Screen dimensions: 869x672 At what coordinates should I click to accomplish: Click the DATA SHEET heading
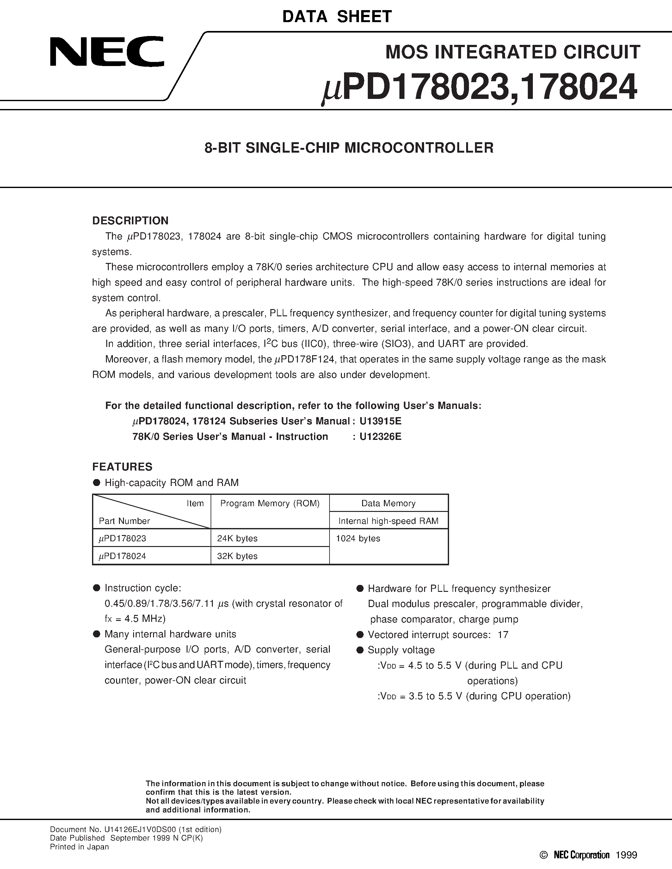pyautogui.click(x=337, y=16)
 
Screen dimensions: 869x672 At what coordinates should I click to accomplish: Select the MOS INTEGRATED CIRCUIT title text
pyautogui.click(x=513, y=52)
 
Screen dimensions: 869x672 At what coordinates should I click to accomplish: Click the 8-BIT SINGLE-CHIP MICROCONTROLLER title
pyautogui.click(x=349, y=148)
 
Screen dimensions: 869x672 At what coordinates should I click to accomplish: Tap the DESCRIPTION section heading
pyautogui.click(x=130, y=221)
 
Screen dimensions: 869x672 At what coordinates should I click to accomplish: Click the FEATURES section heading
pyautogui.click(x=122, y=466)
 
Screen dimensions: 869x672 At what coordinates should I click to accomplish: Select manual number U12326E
pyautogui.click(x=380, y=436)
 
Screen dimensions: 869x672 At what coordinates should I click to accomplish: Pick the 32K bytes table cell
pyautogui.click(x=237, y=556)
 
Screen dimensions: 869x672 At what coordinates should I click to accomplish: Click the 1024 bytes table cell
pyautogui.click(x=358, y=538)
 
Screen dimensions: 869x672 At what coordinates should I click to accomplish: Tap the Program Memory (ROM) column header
pyautogui.click(x=270, y=503)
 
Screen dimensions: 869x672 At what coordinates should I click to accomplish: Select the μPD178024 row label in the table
pyautogui.click(x=123, y=556)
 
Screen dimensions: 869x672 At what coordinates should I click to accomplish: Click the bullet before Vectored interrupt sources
pyautogui.click(x=360, y=635)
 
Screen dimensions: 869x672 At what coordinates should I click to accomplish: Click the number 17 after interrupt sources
pyautogui.click(x=503, y=635)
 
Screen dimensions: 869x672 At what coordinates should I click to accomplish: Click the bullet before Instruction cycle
pyautogui.click(x=96, y=588)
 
